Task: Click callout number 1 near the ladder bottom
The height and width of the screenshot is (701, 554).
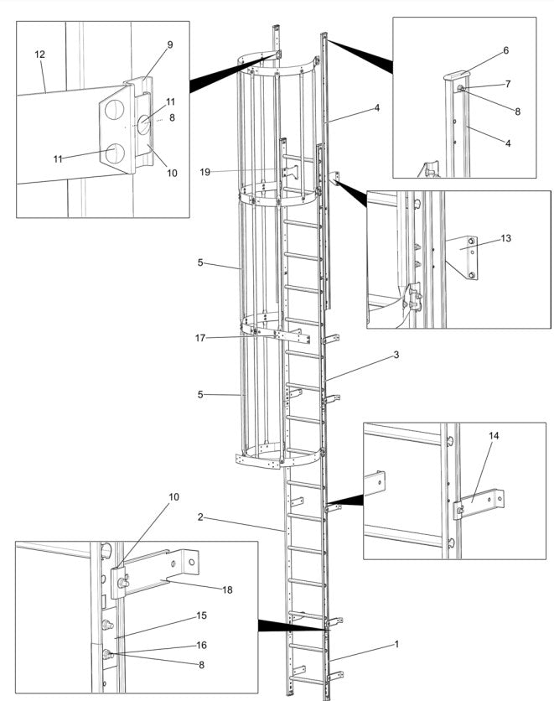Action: pos(397,645)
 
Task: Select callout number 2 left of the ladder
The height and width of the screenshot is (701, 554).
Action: pos(200,517)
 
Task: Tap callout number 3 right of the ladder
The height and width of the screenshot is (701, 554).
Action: pos(396,355)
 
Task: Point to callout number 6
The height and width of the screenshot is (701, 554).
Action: pos(506,50)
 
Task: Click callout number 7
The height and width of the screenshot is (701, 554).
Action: pos(506,85)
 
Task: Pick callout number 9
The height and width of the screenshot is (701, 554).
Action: pos(170,44)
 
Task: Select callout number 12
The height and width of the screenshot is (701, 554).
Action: pos(40,55)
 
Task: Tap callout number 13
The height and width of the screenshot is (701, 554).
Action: pos(505,238)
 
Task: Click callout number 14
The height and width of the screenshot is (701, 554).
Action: pos(492,436)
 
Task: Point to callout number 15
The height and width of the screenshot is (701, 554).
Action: pos(202,615)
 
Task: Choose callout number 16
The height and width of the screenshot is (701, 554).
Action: pos(202,645)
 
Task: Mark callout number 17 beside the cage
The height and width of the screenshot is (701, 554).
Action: pos(200,338)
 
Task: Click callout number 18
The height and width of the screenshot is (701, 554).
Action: pos(227,589)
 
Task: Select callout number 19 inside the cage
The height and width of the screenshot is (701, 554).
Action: pos(205,172)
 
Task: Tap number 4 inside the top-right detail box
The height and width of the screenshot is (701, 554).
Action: pos(506,143)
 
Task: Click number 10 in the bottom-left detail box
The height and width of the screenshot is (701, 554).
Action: pos(173,497)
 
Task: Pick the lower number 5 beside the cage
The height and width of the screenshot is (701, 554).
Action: pos(200,393)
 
